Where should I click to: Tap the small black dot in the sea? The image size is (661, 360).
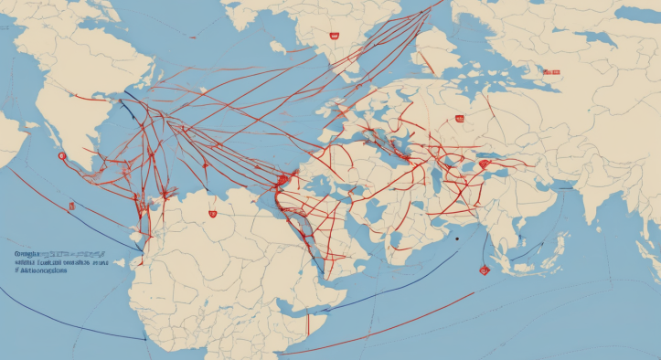point(454,238)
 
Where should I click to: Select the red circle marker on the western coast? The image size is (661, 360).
point(61,156)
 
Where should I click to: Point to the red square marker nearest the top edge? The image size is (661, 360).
point(334,37)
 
